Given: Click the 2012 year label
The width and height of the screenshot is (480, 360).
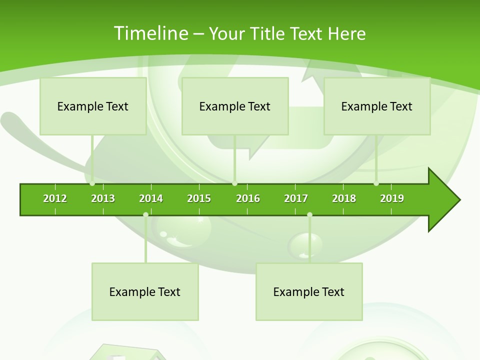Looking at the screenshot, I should pyautogui.click(x=55, y=198).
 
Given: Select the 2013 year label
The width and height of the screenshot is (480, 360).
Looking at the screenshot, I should pyautogui.click(x=103, y=198).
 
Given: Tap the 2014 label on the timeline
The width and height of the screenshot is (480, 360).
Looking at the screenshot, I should pyautogui.click(x=151, y=198).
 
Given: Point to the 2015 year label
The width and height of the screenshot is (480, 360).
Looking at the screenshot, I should pyautogui.click(x=199, y=198).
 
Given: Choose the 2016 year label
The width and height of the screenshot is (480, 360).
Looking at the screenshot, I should pyautogui.click(x=248, y=198).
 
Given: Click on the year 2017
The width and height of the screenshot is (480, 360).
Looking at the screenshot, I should pyautogui.click(x=296, y=198).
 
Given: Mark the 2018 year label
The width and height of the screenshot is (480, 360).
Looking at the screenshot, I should pyautogui.click(x=344, y=198).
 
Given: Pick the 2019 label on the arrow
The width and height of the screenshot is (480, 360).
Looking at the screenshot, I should pyautogui.click(x=392, y=198).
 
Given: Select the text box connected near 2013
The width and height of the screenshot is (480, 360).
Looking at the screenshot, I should pyautogui.click(x=93, y=106).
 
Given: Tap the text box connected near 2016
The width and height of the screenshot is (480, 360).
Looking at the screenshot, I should pyautogui.click(x=235, y=106).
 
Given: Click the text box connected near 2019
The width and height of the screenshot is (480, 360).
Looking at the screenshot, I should pyautogui.click(x=377, y=106).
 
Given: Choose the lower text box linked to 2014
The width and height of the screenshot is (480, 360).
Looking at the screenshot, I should pyautogui.click(x=145, y=291).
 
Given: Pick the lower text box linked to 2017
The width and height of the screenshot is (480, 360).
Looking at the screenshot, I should pyautogui.click(x=309, y=291).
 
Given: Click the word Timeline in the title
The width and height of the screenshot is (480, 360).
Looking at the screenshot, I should pyautogui.click(x=150, y=33).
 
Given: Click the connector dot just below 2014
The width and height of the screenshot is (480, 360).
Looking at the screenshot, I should pyautogui.click(x=145, y=214).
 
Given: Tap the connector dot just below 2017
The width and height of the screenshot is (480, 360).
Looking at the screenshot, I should pyautogui.click(x=309, y=214).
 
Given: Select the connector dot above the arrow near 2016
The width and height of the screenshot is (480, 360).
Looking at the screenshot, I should pyautogui.click(x=234, y=183).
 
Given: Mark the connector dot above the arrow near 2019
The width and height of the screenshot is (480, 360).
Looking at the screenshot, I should pyautogui.click(x=376, y=183).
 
